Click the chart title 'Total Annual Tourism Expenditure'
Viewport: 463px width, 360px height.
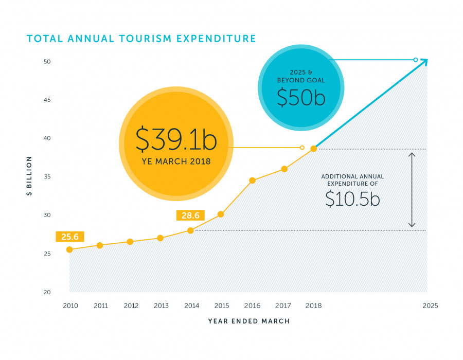point(141,39)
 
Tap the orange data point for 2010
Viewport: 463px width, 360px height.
point(69,249)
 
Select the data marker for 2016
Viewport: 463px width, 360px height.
point(252,181)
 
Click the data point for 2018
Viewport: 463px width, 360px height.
point(314,149)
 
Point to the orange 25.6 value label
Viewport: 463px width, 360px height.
point(70,237)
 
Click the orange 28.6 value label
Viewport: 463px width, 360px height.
point(190,215)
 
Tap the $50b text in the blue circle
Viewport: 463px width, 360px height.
point(301,97)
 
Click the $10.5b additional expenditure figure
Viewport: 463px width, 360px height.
point(352,199)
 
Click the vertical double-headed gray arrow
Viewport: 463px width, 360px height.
point(412,190)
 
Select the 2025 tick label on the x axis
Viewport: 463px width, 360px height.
point(430,305)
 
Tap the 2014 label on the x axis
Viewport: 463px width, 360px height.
point(191,305)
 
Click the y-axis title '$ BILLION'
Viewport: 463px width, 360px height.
point(29,176)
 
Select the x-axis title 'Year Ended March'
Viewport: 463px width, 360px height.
point(249,321)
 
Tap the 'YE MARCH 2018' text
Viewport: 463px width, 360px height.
point(176,161)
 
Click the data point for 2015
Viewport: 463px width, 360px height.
point(221,214)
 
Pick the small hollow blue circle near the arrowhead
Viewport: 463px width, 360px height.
point(415,60)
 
